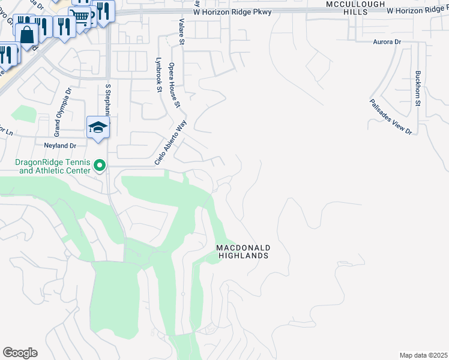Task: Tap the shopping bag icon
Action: coord(27,35)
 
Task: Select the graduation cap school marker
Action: coord(98,127)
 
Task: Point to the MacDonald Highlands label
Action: coord(243,251)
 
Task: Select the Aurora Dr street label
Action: coord(387,42)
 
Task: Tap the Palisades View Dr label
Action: coord(391,116)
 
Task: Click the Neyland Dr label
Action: coord(60,145)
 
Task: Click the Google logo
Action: coord(20,353)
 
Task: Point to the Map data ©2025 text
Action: coord(423,355)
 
